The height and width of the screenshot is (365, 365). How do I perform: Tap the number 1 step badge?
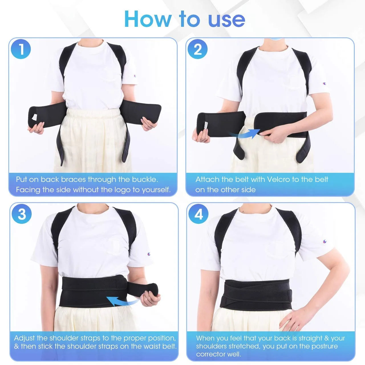pos(21,49)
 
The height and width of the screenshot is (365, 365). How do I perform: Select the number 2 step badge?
pos(198,49)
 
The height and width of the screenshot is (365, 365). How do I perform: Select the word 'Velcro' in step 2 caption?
pos(278,179)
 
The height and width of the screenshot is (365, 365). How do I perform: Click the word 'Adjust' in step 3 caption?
pos(25,338)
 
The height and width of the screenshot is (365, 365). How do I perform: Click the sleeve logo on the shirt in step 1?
pos(135,76)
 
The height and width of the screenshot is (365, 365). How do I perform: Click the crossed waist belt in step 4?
pos(256,295)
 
